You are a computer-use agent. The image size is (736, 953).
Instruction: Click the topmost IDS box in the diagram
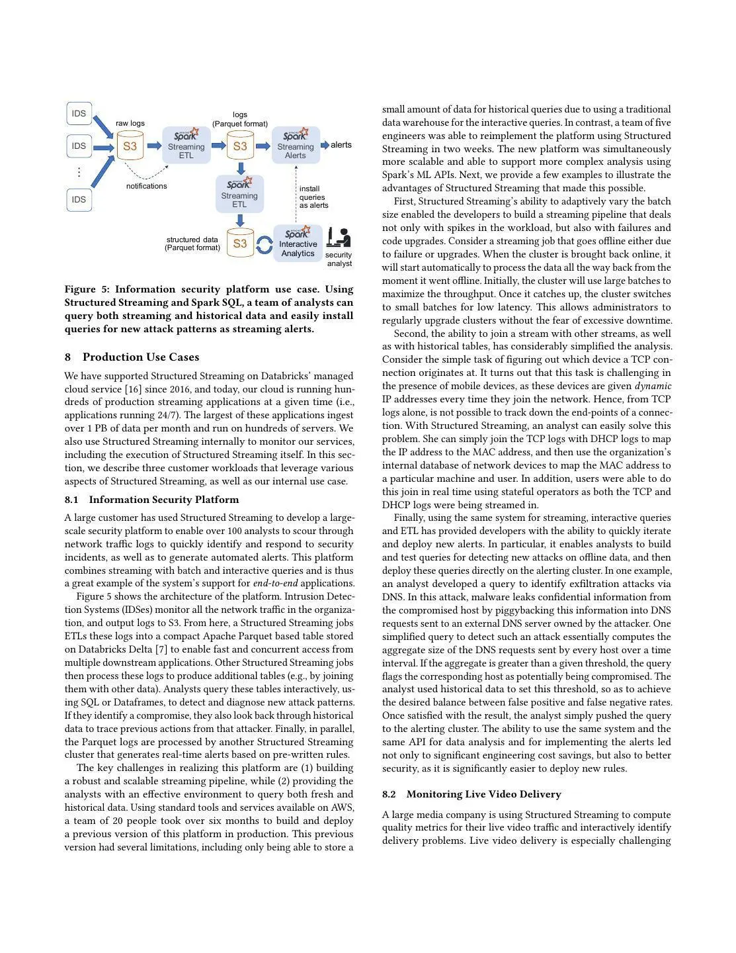point(79,114)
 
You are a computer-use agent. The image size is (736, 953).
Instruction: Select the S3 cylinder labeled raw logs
point(130,146)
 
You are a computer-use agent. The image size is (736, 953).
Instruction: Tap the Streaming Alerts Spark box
point(296,145)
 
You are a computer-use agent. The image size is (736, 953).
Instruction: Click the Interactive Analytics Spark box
point(298,243)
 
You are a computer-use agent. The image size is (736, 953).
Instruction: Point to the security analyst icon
point(339,238)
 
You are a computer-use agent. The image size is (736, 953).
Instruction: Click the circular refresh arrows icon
point(264,245)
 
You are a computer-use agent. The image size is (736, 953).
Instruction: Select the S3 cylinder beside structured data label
point(240,243)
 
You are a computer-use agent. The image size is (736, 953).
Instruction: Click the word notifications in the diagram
point(147,186)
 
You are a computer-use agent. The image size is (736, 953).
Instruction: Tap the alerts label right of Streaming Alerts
point(341,145)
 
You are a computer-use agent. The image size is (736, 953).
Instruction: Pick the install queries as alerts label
point(313,197)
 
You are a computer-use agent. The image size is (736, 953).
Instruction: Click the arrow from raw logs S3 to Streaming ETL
point(153,146)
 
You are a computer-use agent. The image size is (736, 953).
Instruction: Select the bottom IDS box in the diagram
point(79,199)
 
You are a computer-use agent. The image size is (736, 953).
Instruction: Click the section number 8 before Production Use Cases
point(68,357)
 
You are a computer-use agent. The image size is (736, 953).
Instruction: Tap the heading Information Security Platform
point(164,500)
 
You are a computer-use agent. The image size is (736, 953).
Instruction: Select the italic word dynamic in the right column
point(653,386)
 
